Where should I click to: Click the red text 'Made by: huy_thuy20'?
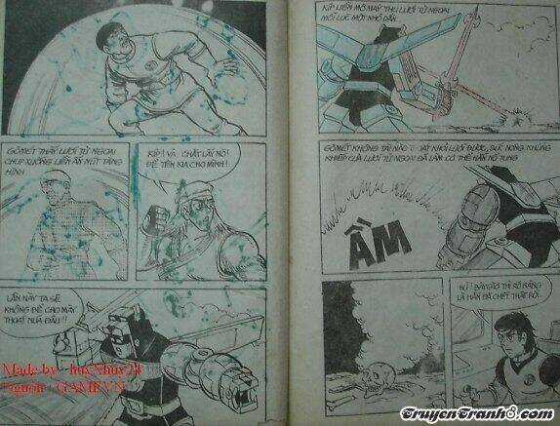pos(60,371)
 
